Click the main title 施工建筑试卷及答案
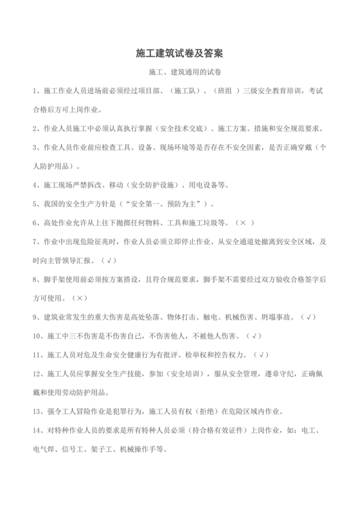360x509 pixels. click(180, 51)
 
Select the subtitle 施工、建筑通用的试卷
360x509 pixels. click(180, 73)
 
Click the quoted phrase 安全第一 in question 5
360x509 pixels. click(142, 204)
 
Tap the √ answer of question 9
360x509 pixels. click(309, 317)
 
